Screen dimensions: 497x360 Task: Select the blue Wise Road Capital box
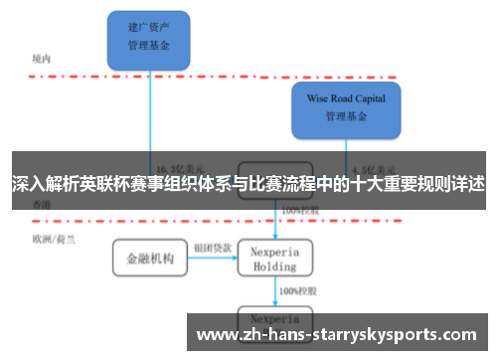pyautogui.click(x=345, y=107)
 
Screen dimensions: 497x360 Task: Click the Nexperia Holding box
pyautogui.click(x=275, y=259)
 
